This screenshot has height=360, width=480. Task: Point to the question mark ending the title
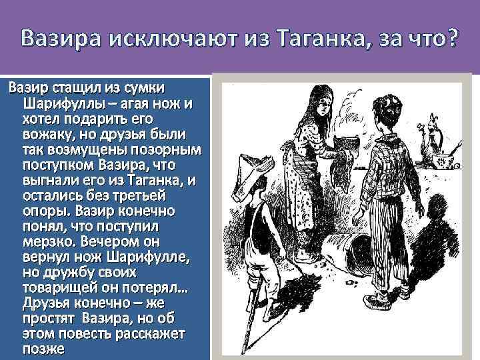tap(451, 41)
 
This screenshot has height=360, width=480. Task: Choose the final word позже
tap(43, 348)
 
